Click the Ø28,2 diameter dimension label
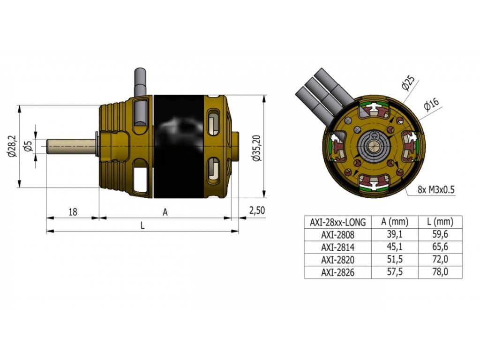click(13, 146)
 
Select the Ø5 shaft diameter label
click(29, 146)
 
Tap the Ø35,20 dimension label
click(256, 148)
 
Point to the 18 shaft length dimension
click(73, 211)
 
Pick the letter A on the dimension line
click(165, 212)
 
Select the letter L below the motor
click(142, 225)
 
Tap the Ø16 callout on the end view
click(431, 105)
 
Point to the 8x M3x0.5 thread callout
click(436, 190)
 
